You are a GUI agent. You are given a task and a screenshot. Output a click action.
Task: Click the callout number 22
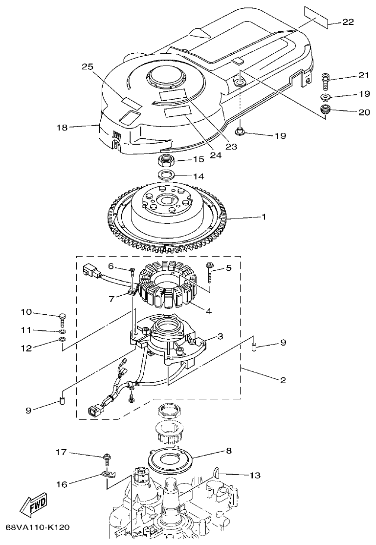(348, 22)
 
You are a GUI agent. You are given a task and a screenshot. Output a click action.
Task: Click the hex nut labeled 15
(167, 160)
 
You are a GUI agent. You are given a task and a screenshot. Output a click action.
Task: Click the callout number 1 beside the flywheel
(264, 217)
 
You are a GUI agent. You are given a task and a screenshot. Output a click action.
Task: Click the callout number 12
(26, 348)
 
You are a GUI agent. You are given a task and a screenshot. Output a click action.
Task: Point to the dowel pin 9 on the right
(254, 348)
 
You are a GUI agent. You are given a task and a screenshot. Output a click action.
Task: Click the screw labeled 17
(106, 459)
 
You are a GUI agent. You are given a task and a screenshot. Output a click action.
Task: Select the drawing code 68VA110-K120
(38, 528)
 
